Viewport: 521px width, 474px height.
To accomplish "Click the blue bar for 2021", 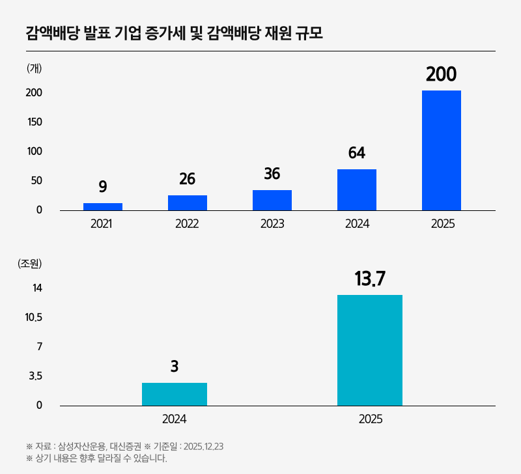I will pyautogui.click(x=103, y=206).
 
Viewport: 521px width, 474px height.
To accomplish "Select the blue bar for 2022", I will pyautogui.click(x=188, y=202).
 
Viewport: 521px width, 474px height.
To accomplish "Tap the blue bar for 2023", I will pyautogui.click(x=272, y=200).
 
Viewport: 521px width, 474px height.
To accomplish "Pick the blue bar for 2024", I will pyautogui.click(x=357, y=189).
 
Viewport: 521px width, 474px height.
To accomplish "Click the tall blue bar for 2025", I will pyautogui.click(x=442, y=150).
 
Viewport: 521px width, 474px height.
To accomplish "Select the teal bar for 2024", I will pyautogui.click(x=175, y=394).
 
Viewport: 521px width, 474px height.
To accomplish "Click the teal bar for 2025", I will pyautogui.click(x=370, y=350).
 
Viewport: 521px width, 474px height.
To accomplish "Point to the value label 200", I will pyautogui.click(x=442, y=75).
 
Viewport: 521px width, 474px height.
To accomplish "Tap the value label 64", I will pyautogui.click(x=357, y=153).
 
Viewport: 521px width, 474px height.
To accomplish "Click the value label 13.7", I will pyautogui.click(x=370, y=279).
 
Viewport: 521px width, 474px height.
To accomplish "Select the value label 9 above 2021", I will pyautogui.click(x=103, y=187).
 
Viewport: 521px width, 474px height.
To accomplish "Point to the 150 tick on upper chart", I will pyautogui.click(x=35, y=122).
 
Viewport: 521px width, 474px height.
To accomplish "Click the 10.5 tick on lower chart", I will pyautogui.click(x=34, y=318).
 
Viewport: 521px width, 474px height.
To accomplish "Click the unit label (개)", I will pyautogui.click(x=35, y=68).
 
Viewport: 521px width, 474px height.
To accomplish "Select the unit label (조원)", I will pyautogui.click(x=30, y=264).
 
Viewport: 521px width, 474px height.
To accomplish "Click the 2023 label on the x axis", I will pyautogui.click(x=272, y=224).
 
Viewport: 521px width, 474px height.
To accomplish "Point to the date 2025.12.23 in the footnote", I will pyautogui.click(x=204, y=447).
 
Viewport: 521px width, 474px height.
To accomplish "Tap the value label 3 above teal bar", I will pyautogui.click(x=175, y=367).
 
